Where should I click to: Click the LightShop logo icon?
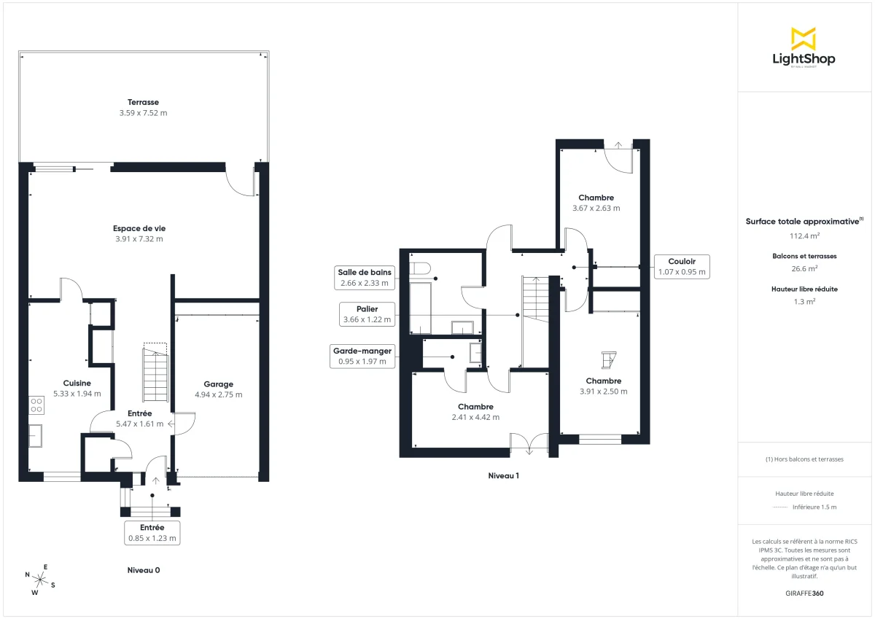point(803,39)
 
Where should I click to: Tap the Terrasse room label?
point(143,103)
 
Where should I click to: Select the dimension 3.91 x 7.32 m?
point(139,239)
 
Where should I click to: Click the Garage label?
point(218,384)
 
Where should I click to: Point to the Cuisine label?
point(77,383)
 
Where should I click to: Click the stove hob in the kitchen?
point(36,405)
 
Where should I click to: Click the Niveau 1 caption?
point(503,475)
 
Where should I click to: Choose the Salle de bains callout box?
point(364,278)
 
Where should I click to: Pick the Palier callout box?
point(366,314)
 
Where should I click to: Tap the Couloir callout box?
point(681,267)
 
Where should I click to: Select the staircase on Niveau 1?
point(536,299)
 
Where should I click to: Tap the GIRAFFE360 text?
point(804,593)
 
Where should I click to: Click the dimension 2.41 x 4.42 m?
point(475,418)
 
